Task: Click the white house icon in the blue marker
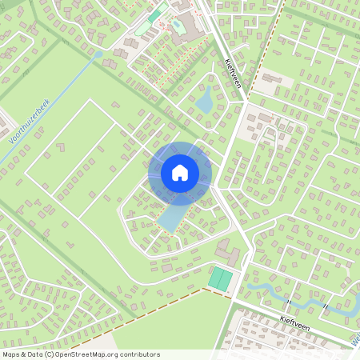click(180, 173)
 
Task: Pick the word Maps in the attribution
click(12, 354)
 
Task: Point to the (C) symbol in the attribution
click(50, 354)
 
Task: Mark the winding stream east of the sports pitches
click(264, 290)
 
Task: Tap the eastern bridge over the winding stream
click(326, 306)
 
